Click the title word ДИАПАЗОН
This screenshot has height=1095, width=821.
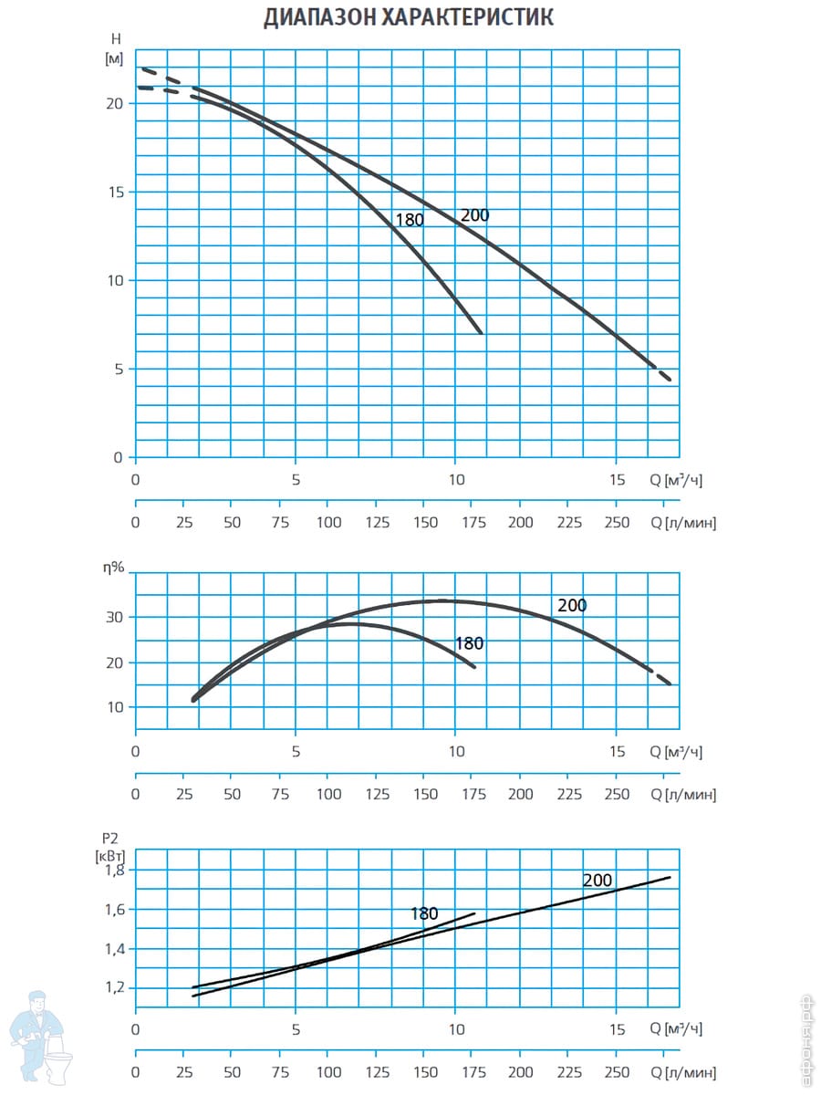pyautogui.click(x=317, y=17)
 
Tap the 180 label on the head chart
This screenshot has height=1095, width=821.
pyautogui.click(x=410, y=220)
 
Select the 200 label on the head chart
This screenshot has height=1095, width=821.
pyautogui.click(x=474, y=216)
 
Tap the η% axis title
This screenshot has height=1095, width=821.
pyautogui.click(x=114, y=567)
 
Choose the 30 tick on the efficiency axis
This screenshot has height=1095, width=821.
pyautogui.click(x=115, y=617)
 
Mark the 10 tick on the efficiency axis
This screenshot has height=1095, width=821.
pyautogui.click(x=115, y=707)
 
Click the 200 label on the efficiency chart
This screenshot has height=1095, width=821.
pyautogui.click(x=572, y=605)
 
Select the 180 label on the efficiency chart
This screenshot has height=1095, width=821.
pyautogui.click(x=469, y=644)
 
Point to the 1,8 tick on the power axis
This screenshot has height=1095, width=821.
pyautogui.click(x=114, y=871)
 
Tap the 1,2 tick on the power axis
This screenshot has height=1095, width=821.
pyautogui.click(x=114, y=988)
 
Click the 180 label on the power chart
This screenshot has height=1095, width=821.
pyautogui.click(x=424, y=913)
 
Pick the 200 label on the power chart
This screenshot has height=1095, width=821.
pyautogui.click(x=598, y=881)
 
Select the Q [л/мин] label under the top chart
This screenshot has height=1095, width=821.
pyautogui.click(x=682, y=523)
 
